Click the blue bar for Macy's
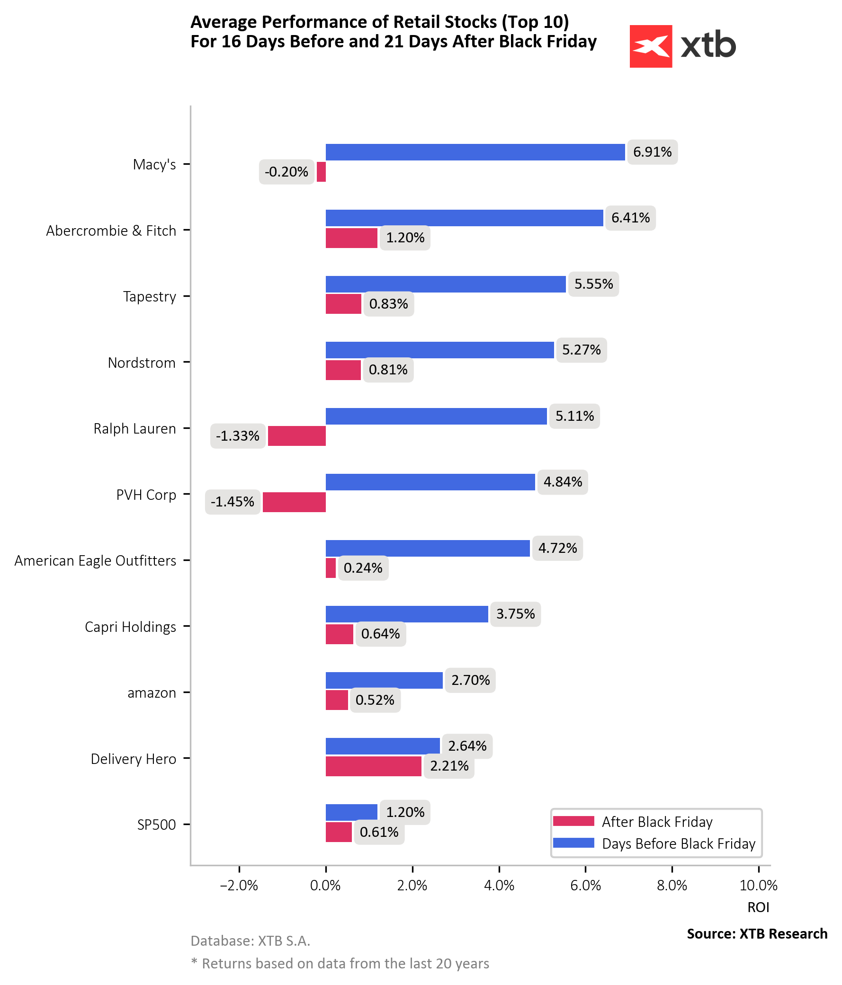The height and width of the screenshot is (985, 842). pyautogui.click(x=475, y=152)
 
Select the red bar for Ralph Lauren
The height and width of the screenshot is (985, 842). pyautogui.click(x=296, y=435)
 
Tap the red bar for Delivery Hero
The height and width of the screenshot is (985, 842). pyautogui.click(x=373, y=766)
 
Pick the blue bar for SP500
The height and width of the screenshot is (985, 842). pyautogui.click(x=351, y=812)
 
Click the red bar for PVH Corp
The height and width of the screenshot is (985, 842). pyautogui.click(x=294, y=502)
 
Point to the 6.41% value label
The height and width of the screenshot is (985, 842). pyautogui.click(x=630, y=218)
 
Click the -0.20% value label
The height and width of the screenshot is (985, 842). pyautogui.click(x=287, y=172)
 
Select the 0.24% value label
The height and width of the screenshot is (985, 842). pyautogui.click(x=362, y=568)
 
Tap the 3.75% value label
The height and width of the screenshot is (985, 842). pyautogui.click(x=515, y=614)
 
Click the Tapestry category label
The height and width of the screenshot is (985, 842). pyautogui.click(x=149, y=297)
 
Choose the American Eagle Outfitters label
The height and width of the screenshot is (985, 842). pyautogui.click(x=95, y=561)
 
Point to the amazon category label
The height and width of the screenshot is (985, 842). pyautogui.click(x=152, y=693)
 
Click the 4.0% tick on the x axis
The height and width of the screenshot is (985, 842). pyautogui.click(x=499, y=885)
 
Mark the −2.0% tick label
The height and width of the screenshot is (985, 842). pyautogui.click(x=239, y=885)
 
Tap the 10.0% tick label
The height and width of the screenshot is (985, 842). pyautogui.click(x=758, y=885)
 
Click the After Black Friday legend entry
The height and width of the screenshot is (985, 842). pyautogui.click(x=656, y=822)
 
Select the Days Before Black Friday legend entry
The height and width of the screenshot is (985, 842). pyautogui.click(x=678, y=843)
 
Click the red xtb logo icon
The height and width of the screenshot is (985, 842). pyautogui.click(x=650, y=46)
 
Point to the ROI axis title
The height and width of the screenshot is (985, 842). pyautogui.click(x=758, y=907)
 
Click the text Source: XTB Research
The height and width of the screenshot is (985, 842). pyautogui.click(x=756, y=934)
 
